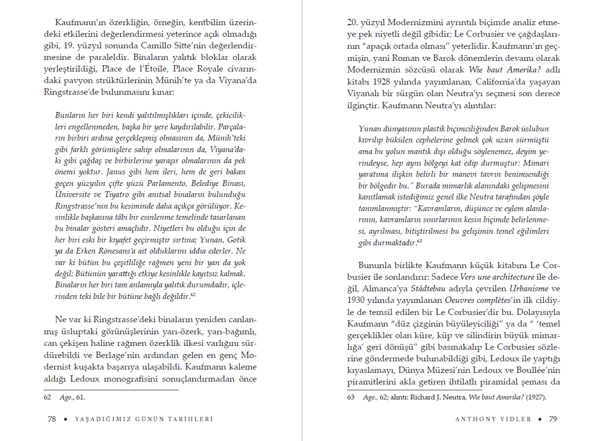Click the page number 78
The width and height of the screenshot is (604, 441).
click(x=52, y=419)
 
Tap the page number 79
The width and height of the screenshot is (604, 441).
click(x=553, y=419)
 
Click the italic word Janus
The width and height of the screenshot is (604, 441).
click(x=116, y=172)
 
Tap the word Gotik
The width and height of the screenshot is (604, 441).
click(x=234, y=240)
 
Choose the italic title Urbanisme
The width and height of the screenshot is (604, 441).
click(x=528, y=289)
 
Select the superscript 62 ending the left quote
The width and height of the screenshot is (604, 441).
click(x=193, y=294)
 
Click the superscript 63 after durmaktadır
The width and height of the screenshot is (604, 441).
click(x=419, y=241)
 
